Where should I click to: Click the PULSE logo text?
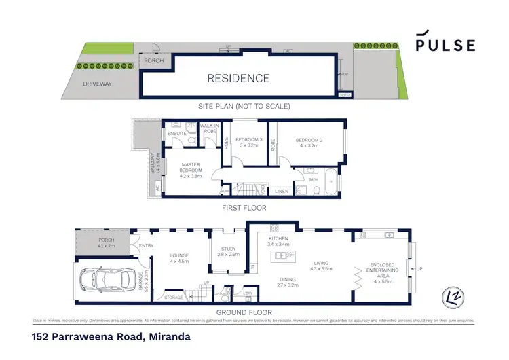(445, 45)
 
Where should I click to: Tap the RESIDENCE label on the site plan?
(238, 78)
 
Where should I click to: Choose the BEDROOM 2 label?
(309, 141)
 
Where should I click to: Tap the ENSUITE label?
(178, 133)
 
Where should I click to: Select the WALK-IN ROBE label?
(208, 128)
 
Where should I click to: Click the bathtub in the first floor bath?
(330, 182)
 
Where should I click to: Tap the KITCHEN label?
(279, 240)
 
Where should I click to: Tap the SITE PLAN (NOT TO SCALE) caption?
(244, 106)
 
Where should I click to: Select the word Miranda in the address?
(167, 336)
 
